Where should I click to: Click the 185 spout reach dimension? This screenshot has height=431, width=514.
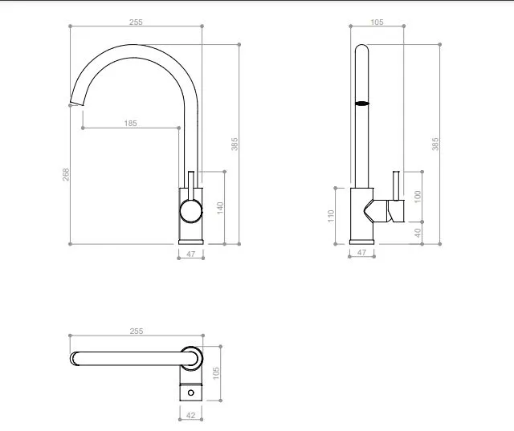130,123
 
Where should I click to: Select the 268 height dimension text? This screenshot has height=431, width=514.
67,174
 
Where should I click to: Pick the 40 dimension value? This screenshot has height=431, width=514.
417,232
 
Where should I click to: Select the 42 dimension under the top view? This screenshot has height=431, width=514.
190,415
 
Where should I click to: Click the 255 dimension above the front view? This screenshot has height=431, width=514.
136,22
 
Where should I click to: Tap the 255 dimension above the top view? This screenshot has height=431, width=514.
136,331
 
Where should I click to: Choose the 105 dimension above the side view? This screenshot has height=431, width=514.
377,22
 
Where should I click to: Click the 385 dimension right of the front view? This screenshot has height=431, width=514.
235,144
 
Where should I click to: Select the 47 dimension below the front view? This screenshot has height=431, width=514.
190,254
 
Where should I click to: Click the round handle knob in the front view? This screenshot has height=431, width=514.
190,211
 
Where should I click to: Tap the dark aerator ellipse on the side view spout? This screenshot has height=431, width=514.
362,104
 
